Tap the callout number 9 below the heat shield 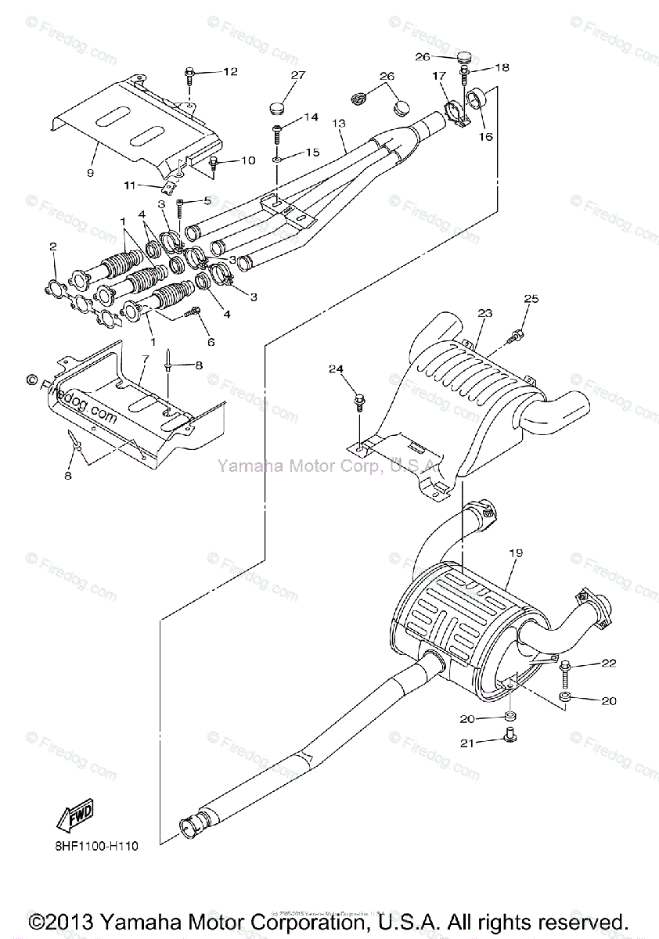[x=91, y=172]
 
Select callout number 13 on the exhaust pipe [x=338, y=124]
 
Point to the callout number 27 [x=297, y=75]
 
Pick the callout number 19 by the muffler [x=515, y=553]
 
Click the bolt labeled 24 [x=359, y=401]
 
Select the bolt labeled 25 [x=515, y=337]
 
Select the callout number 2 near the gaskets [x=53, y=247]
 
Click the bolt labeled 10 [x=214, y=163]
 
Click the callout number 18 [x=502, y=68]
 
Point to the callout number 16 [x=486, y=136]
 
